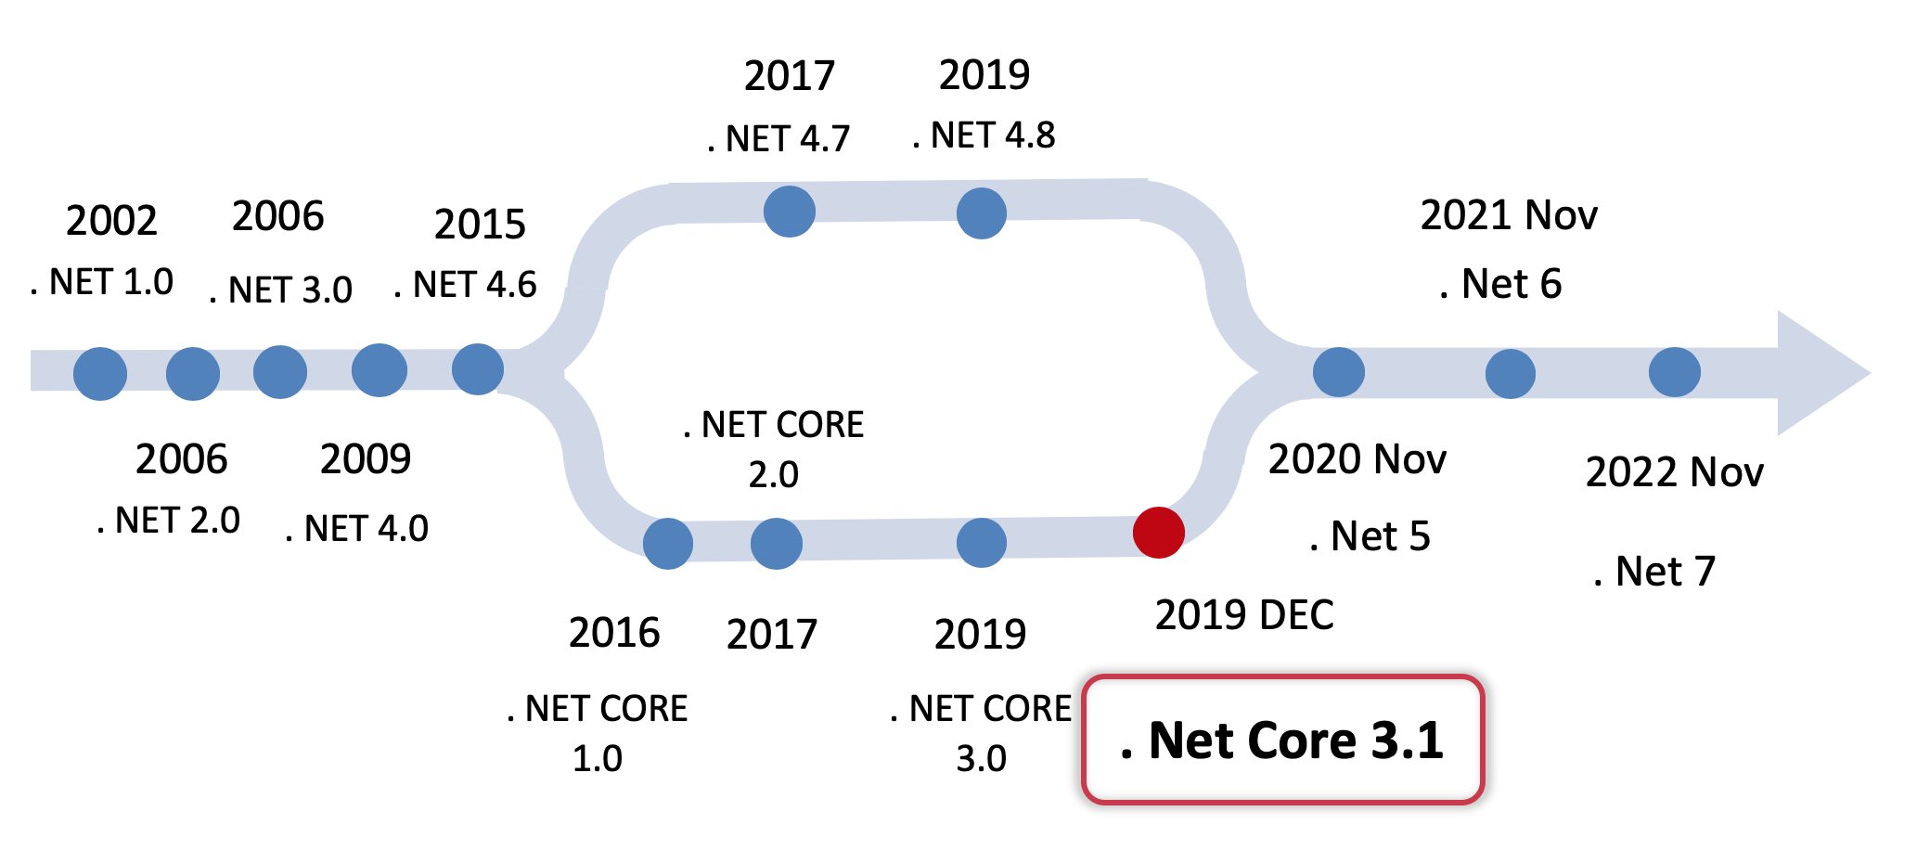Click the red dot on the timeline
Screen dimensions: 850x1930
coord(1158,533)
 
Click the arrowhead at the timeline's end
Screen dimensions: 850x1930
coord(1819,373)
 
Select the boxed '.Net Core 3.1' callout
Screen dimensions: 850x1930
coord(1283,740)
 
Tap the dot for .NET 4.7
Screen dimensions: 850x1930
coord(790,212)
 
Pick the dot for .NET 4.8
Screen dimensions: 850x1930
coord(982,212)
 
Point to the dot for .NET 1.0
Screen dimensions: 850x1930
coord(100,374)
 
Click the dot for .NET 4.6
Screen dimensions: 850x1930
coord(478,369)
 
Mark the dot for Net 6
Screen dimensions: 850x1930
coord(1511,374)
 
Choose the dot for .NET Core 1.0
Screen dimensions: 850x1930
coord(668,544)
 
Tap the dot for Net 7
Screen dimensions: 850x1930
coord(1675,372)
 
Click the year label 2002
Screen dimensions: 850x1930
coord(111,221)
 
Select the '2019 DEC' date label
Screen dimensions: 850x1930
coord(1244,615)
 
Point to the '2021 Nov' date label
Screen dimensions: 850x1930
coord(1509,215)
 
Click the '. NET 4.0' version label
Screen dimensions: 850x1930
coord(357,529)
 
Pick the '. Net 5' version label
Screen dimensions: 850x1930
coord(1370,536)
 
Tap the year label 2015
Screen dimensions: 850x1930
coord(480,225)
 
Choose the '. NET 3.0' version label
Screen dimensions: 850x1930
coord(281,290)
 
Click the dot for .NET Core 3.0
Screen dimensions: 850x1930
coord(982,543)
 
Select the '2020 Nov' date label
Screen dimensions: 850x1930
coord(1357,459)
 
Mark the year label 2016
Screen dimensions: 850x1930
coord(614,634)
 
